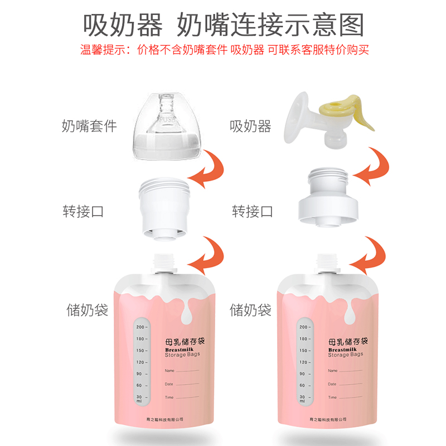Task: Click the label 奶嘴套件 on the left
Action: pyautogui.click(x=89, y=126)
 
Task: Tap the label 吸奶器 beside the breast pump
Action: pyautogui.click(x=250, y=127)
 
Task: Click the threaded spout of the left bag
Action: pyautogui.click(x=165, y=262)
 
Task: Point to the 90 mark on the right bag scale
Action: pyautogui.click(x=304, y=374)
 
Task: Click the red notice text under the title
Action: pyautogui.click(x=223, y=50)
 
